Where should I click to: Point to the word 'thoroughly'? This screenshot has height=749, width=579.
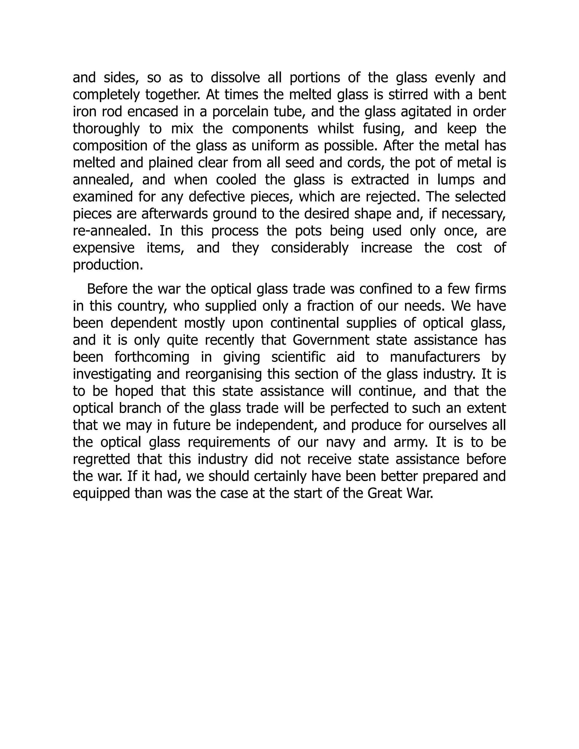tap(106, 129)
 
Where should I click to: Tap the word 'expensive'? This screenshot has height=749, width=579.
tap(103, 248)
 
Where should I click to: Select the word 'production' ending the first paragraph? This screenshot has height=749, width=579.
tap(107, 265)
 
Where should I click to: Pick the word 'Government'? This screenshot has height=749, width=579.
tap(331, 340)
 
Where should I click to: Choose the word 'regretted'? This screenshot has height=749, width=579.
tap(101, 459)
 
